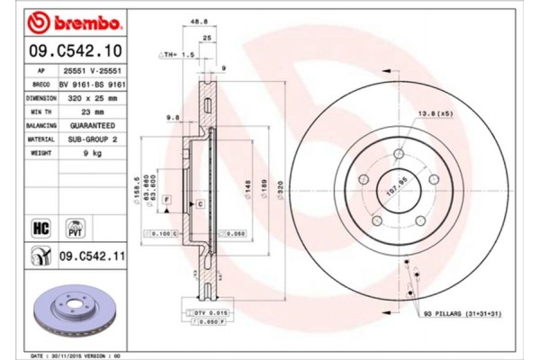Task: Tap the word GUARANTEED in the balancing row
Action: [94, 125]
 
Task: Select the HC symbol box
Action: [40, 227]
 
